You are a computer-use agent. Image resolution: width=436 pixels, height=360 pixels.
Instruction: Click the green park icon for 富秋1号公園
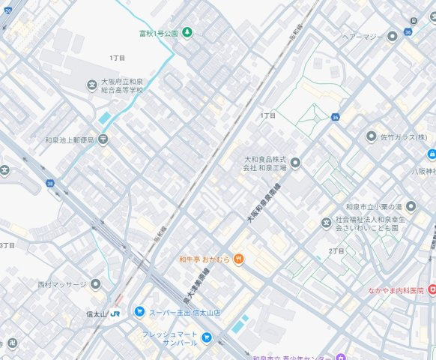click(x=187, y=32)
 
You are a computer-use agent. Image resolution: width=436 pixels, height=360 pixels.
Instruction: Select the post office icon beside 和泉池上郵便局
click(x=103, y=139)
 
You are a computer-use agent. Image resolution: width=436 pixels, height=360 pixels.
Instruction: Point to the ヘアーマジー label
click(x=363, y=36)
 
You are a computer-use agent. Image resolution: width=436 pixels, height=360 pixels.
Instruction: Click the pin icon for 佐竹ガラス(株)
click(x=371, y=136)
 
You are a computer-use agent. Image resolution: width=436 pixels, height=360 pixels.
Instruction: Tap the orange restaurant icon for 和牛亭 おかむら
click(x=237, y=259)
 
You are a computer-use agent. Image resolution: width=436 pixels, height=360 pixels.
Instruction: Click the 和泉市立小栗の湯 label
click(x=375, y=206)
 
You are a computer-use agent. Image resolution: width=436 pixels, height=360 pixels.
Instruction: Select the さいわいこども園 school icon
click(x=326, y=223)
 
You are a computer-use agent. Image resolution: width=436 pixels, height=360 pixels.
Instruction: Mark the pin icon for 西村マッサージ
click(x=95, y=284)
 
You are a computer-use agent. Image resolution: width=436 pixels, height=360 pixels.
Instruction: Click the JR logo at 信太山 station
click(x=115, y=313)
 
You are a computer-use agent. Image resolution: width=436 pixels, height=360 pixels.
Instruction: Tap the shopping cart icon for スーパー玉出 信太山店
click(x=139, y=311)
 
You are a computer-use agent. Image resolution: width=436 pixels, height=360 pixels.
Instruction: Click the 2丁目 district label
click(x=336, y=250)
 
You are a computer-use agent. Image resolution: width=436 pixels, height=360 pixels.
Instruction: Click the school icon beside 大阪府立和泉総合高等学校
click(x=91, y=85)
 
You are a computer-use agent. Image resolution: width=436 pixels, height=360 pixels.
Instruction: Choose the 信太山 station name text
click(x=95, y=313)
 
